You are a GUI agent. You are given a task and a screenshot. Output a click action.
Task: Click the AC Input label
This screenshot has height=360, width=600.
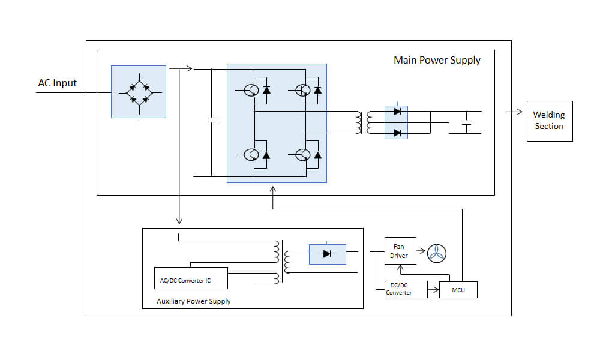[58, 83]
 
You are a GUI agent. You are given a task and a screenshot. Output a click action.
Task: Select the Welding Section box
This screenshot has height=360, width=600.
[549, 121]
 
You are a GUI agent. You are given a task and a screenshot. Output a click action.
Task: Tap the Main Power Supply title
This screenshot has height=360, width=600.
[437, 60]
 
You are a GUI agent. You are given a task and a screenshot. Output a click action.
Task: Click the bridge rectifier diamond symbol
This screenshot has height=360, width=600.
[139, 92]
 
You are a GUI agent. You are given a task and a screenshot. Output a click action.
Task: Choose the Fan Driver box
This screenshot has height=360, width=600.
[400, 251]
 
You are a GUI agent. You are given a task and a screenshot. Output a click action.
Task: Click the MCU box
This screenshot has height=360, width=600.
[458, 290]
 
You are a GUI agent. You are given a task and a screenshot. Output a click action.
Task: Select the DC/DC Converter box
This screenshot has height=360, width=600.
[406, 289]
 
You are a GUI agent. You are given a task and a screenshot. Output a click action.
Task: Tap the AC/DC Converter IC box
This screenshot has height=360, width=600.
[191, 280]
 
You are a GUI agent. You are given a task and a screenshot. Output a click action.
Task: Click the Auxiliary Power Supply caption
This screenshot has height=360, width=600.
[193, 301]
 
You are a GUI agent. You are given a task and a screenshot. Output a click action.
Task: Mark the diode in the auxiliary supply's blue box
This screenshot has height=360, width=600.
[327, 254]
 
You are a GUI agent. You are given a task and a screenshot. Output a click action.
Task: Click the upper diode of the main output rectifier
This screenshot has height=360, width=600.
[396, 111]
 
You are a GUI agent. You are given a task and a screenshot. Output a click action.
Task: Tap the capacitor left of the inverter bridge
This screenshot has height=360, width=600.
[211, 120]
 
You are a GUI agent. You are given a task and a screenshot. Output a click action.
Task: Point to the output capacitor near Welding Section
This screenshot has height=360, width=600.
[466, 122]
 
